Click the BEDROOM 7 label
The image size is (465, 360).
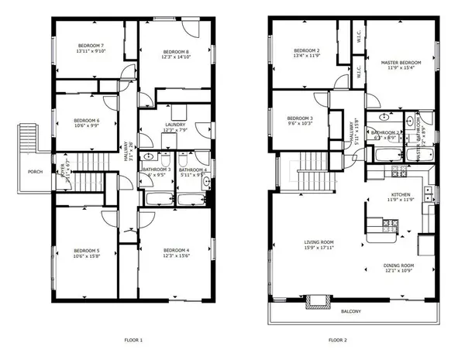pyautogui.click(x=90, y=46)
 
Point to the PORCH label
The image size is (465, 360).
pyautogui.click(x=35, y=172)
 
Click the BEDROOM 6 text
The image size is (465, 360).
pyautogui.click(x=87, y=120)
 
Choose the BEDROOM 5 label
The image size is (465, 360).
pyautogui.click(x=87, y=250)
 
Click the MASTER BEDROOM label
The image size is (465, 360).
pyautogui.click(x=401, y=62)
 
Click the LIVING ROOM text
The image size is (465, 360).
pyautogui.click(x=319, y=242)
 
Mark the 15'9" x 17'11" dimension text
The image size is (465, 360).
pyautogui.click(x=319, y=249)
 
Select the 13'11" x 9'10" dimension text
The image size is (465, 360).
pyautogui.click(x=90, y=51)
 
